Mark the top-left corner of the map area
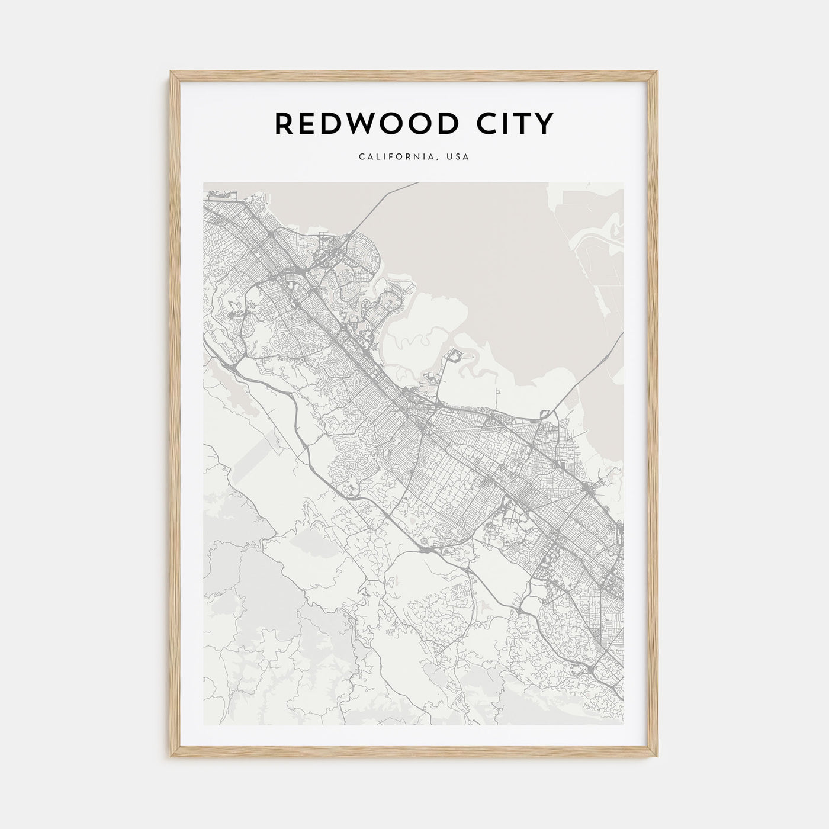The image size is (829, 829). (204, 182)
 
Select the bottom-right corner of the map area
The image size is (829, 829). (623, 724)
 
